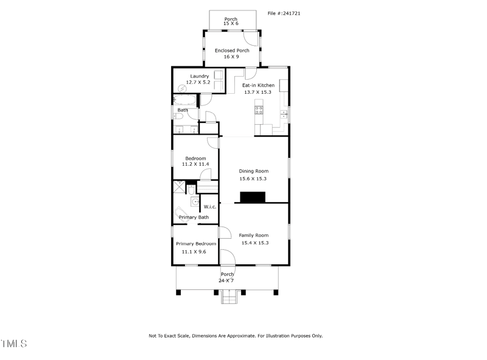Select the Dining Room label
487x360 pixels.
pos(253,171)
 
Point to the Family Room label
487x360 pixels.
pos(253,235)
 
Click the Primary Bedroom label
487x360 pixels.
pos(195,244)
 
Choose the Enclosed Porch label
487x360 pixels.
pos(232,51)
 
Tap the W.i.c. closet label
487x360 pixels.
pos(210,207)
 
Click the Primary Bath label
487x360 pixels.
pos(194,217)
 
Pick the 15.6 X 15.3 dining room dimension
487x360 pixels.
pos(253,179)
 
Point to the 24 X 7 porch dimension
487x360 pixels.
pos(227,281)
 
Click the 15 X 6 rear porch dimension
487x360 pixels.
pos(231,24)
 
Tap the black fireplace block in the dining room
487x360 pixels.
pos(253,197)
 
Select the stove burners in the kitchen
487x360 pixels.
pos(259,110)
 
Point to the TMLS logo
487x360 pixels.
pos(13,344)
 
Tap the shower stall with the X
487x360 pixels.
pos(179,186)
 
